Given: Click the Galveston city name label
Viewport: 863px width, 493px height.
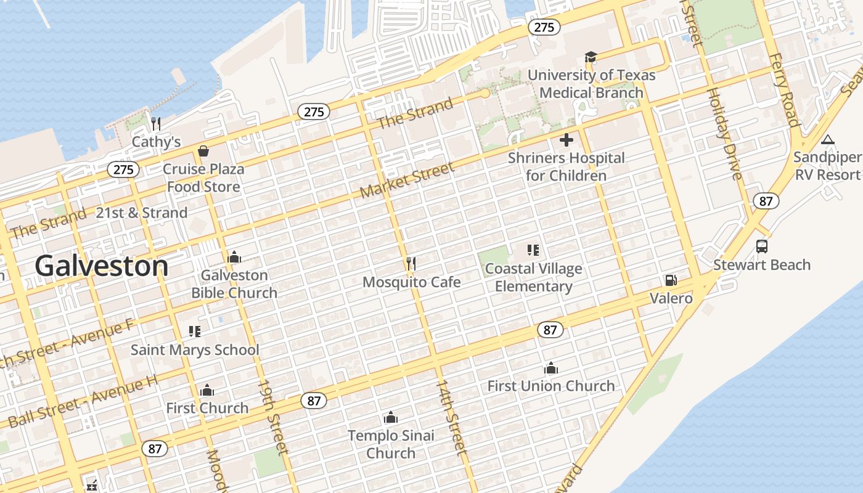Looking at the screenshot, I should [x=101, y=266].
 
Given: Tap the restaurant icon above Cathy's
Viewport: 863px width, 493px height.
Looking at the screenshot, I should [x=156, y=124].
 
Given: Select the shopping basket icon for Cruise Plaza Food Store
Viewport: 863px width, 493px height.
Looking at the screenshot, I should [x=203, y=151].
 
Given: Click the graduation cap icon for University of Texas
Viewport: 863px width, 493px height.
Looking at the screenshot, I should [x=591, y=57].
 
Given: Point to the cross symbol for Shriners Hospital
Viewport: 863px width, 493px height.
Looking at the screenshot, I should [x=566, y=140].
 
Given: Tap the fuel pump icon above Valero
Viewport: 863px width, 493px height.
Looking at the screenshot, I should [x=671, y=280].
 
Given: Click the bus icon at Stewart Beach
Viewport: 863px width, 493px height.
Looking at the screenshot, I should [x=762, y=246].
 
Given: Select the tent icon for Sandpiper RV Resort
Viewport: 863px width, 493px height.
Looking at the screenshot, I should [x=827, y=140].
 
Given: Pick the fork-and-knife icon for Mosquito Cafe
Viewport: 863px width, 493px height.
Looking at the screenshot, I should [x=411, y=264].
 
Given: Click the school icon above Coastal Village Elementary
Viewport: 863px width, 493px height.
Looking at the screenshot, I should [x=533, y=250].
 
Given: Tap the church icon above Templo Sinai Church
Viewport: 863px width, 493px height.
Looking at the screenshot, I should [x=390, y=418].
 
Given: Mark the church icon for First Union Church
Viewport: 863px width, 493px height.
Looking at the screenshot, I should [x=550, y=369].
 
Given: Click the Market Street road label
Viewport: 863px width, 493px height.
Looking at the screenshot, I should [x=407, y=179].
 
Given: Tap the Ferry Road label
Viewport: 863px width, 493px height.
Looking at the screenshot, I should [x=783, y=89].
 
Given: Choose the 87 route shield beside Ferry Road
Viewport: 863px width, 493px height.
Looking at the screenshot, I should [x=766, y=201].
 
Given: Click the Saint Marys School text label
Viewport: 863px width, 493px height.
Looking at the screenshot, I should [x=195, y=350].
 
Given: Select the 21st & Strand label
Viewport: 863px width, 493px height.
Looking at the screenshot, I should [x=142, y=213].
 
